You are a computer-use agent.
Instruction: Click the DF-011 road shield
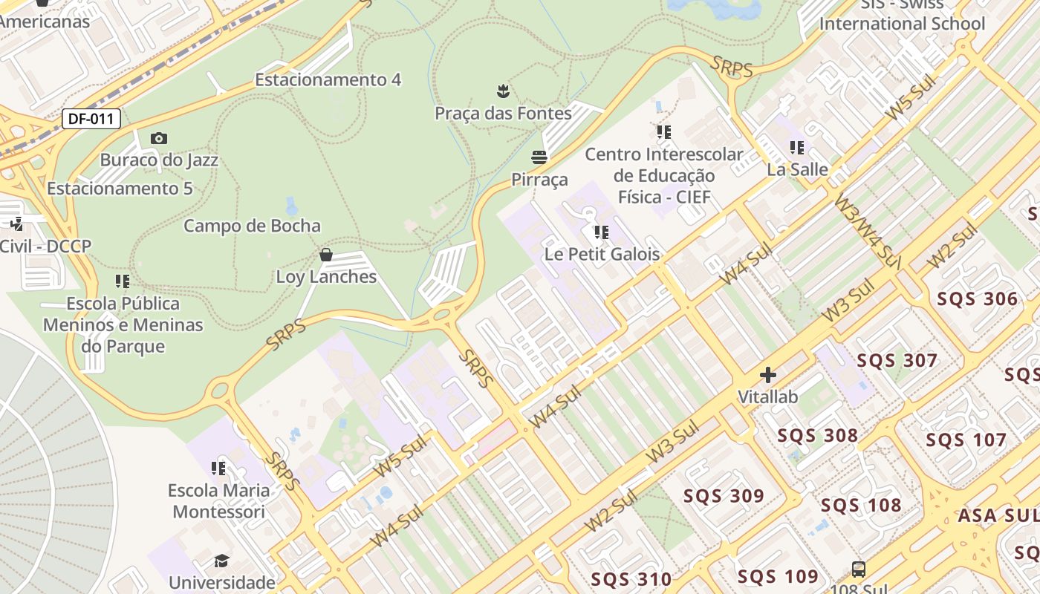click(91, 118)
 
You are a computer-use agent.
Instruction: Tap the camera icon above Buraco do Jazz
click(158, 139)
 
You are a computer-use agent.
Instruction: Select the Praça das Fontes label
click(503, 114)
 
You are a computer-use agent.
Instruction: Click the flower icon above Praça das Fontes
click(504, 91)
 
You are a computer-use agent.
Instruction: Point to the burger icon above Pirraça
click(539, 157)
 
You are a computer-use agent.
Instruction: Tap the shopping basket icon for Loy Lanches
click(325, 255)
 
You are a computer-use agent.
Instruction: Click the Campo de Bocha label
click(252, 226)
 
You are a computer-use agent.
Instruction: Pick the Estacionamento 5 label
click(120, 189)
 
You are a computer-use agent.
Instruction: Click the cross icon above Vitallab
click(768, 375)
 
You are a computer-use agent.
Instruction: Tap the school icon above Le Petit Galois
click(601, 232)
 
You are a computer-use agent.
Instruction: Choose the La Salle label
click(797, 169)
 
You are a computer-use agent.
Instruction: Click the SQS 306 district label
click(977, 299)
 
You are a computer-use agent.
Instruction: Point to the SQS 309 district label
click(724, 496)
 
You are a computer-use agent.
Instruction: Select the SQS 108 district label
click(861, 506)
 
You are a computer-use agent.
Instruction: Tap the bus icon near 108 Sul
click(859, 569)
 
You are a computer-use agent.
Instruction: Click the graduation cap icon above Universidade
click(221, 561)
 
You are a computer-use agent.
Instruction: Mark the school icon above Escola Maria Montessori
click(218, 469)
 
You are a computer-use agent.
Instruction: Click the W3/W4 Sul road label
click(861, 231)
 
